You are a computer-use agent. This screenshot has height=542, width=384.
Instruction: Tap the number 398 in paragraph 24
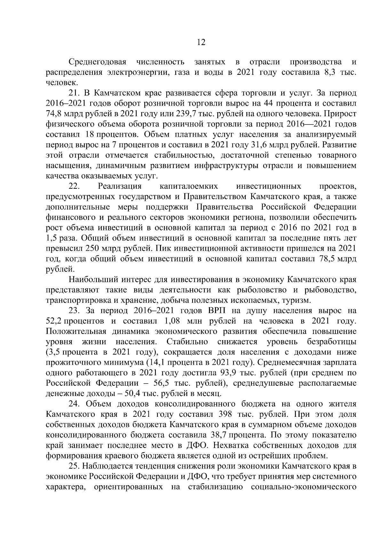(226, 414)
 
